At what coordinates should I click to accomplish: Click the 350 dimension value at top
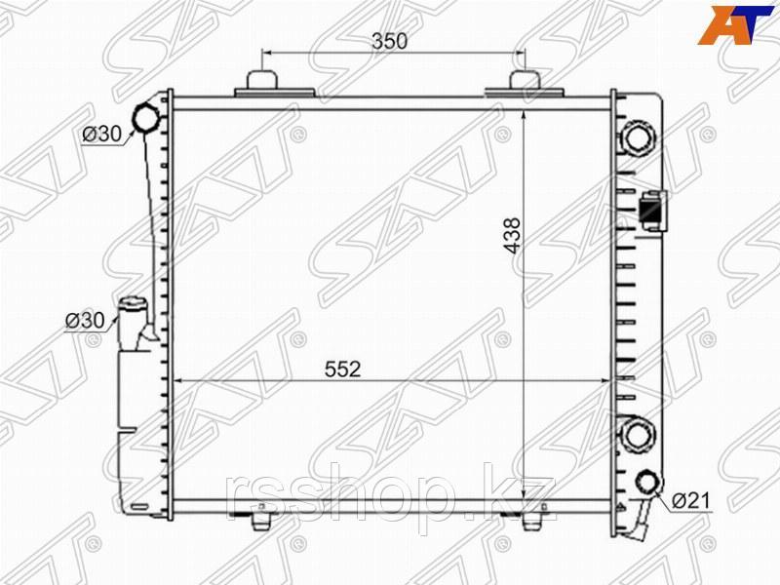tap(389, 41)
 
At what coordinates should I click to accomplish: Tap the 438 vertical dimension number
tap(513, 236)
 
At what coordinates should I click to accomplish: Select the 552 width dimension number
tap(342, 370)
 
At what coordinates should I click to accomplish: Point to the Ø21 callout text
tap(691, 500)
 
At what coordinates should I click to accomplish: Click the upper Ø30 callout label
tap(102, 134)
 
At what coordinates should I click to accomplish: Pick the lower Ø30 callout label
tap(85, 321)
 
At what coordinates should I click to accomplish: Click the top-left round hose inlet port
tap(145, 118)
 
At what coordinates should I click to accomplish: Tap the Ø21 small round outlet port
tap(648, 482)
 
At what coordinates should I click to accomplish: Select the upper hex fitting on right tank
tap(637, 137)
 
